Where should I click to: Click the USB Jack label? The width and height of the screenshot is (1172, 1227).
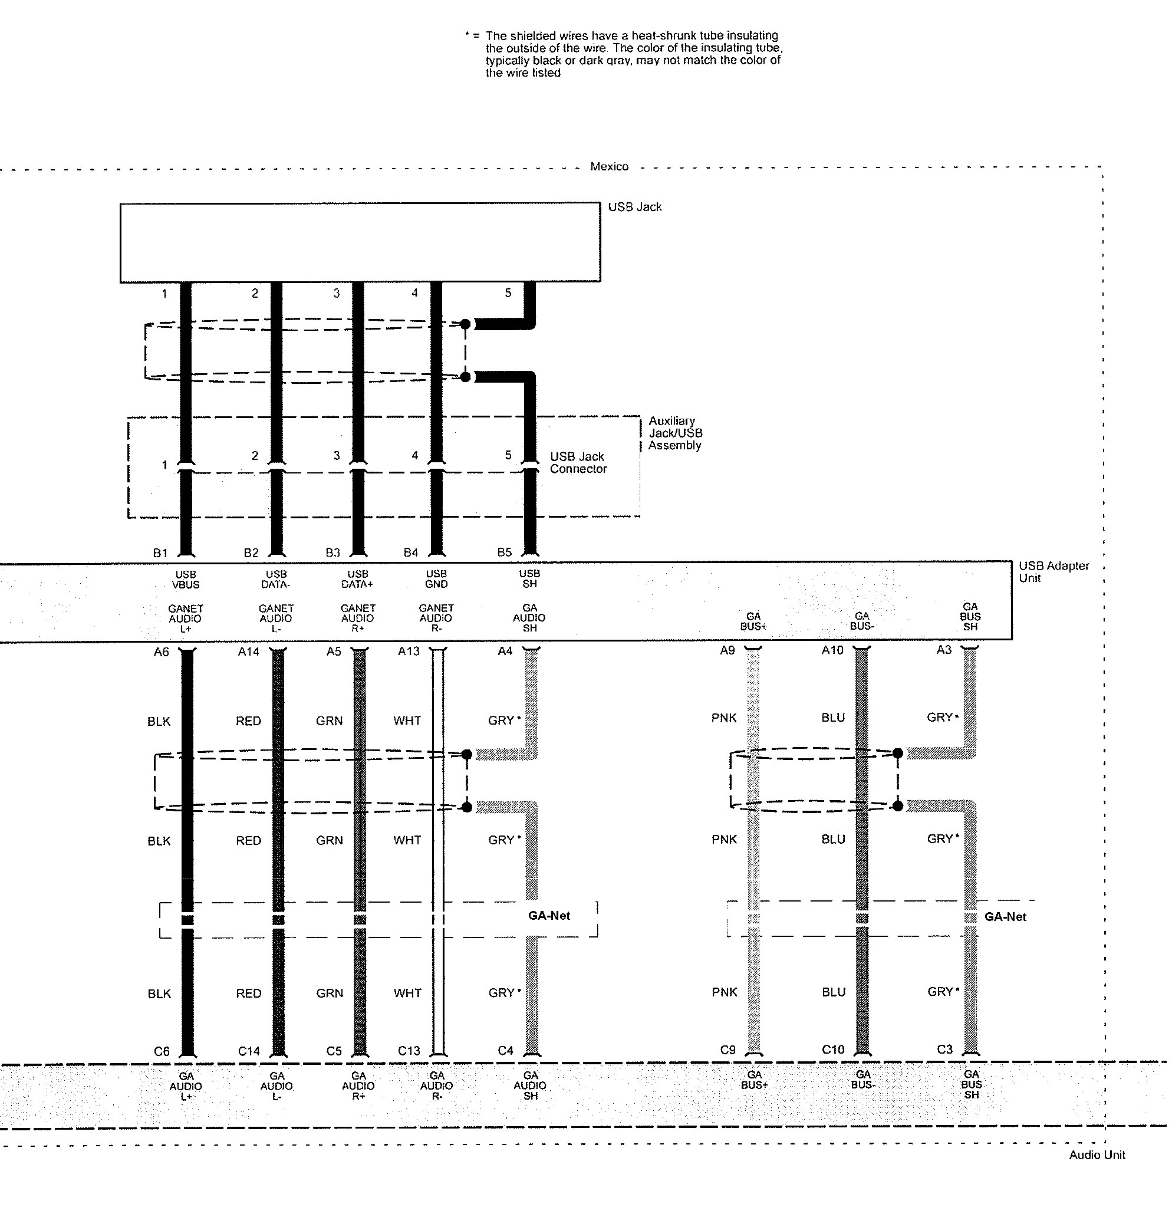tap(635, 207)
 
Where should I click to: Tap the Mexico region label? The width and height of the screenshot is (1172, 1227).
tap(609, 166)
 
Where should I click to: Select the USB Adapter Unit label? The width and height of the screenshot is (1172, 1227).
tap(1054, 572)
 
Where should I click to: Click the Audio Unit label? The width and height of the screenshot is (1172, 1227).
tap(1097, 1154)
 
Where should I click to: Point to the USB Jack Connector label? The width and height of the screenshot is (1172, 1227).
tap(578, 463)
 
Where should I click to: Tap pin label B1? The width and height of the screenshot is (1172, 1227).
tap(160, 553)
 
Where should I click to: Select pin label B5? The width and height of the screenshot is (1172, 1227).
tap(504, 552)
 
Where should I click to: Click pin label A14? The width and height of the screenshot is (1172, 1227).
tap(248, 652)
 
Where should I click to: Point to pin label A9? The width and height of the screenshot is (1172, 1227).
tap(727, 650)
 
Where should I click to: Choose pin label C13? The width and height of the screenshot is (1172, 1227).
tap(409, 1051)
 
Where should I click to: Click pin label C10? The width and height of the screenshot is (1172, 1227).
tap(833, 1050)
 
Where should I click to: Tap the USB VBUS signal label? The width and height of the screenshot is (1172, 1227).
tap(186, 580)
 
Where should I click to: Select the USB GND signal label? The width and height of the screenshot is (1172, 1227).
tap(436, 579)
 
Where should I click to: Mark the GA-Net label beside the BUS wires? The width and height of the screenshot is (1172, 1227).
tap(1005, 916)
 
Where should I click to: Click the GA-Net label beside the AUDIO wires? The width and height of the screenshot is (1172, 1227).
tap(549, 915)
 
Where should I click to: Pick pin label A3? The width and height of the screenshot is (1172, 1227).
tap(943, 650)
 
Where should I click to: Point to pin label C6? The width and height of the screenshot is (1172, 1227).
tap(161, 1051)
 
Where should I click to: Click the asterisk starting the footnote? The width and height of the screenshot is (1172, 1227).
tap(467, 34)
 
